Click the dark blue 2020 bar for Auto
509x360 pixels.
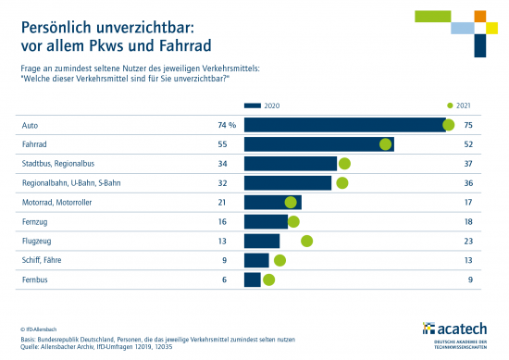[x=344, y=125]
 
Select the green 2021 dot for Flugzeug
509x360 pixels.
[x=307, y=241]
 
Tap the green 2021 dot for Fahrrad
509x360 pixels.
[x=386, y=144]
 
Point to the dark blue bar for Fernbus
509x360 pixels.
[x=252, y=279]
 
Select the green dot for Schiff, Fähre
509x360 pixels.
[x=279, y=260]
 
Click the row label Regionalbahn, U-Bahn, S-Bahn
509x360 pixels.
[x=70, y=183]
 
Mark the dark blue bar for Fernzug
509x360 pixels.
[x=265, y=221]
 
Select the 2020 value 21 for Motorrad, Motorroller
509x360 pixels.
[x=222, y=203]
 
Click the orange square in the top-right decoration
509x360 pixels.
[x=479, y=17]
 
